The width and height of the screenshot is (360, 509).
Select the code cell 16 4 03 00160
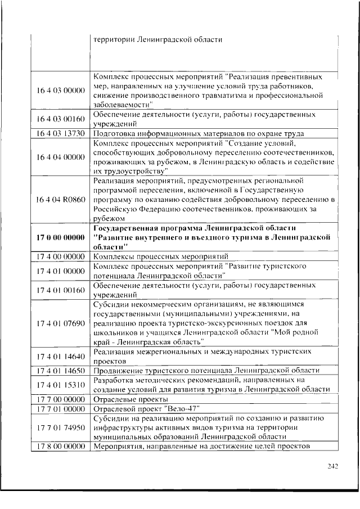tap(61, 119)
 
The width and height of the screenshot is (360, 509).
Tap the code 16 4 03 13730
tap(61, 133)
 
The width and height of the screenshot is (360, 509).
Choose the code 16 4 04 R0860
tap(61, 200)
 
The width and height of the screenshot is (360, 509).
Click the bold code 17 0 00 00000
tap(61, 237)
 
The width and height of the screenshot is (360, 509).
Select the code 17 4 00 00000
tap(61, 256)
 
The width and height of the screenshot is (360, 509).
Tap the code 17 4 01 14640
tap(61, 356)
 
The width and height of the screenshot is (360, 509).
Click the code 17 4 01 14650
tap(61, 370)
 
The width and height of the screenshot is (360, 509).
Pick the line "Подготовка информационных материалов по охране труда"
tap(199, 133)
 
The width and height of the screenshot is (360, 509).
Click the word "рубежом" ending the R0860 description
tap(107, 218)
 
